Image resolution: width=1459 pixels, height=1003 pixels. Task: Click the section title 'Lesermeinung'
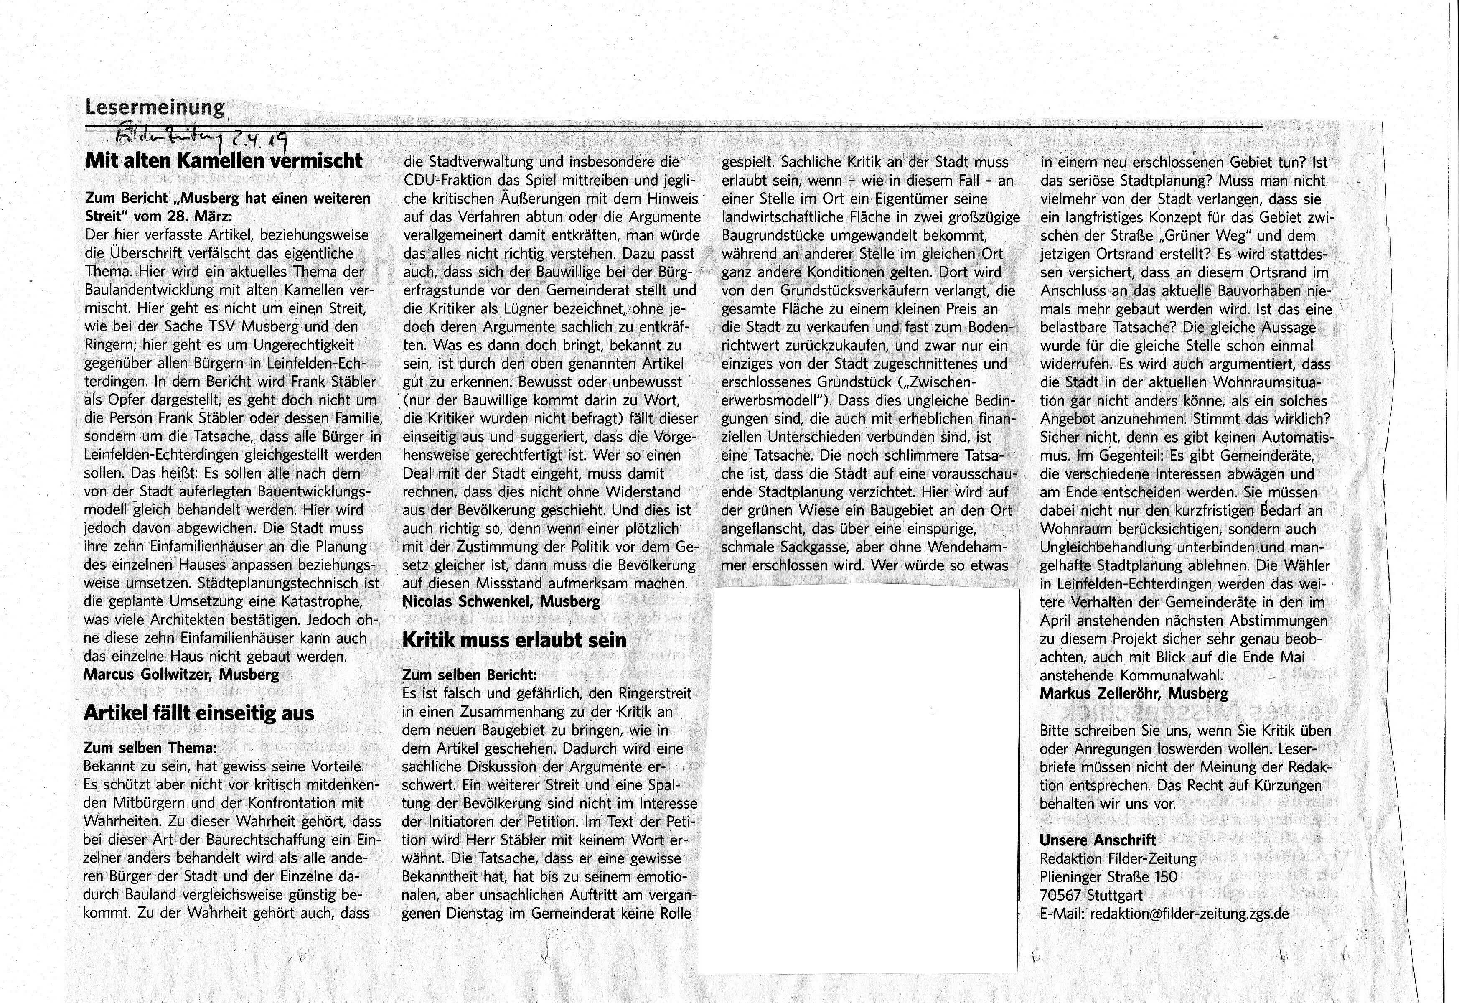pyautogui.click(x=155, y=107)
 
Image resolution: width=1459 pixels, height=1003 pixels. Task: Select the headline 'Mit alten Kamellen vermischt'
pyautogui.click(x=224, y=161)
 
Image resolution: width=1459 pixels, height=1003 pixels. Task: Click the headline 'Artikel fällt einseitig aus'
pyautogui.click(x=198, y=713)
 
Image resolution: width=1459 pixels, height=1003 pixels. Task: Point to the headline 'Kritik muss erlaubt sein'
pyautogui.click(x=514, y=640)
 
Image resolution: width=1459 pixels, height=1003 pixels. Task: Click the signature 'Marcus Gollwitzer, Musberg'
pyautogui.click(x=181, y=675)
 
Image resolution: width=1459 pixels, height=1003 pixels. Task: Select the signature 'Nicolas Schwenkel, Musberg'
pyautogui.click(x=501, y=601)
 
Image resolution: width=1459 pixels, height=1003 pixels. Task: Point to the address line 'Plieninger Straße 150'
pyautogui.click(x=1108, y=877)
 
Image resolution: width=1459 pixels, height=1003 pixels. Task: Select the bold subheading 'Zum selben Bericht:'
pyautogui.click(x=469, y=675)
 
